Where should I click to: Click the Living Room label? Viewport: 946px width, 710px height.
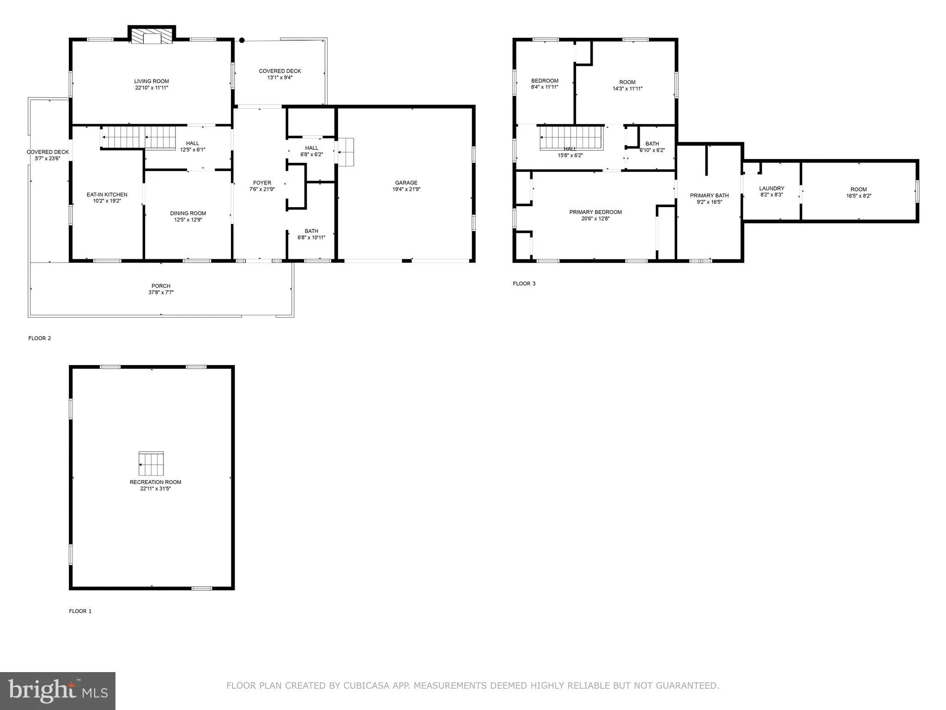[x=152, y=81]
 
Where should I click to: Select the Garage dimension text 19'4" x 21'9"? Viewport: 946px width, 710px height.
[x=406, y=189]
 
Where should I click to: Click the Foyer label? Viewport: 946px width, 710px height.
[x=262, y=183]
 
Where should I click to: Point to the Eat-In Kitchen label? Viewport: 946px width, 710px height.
[x=107, y=195]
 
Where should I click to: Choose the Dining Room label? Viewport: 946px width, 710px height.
[x=188, y=213]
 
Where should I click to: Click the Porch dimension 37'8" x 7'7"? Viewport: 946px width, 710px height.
[x=161, y=292]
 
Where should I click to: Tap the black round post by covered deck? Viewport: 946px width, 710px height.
[x=242, y=40]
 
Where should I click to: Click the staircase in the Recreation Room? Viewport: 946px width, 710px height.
[x=151, y=464]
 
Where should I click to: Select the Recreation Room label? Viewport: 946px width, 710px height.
[x=155, y=482]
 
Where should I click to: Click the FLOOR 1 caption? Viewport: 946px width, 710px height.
[x=80, y=611]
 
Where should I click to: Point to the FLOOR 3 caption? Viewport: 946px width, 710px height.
[x=524, y=283]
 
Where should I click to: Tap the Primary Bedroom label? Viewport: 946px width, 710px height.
[x=595, y=212]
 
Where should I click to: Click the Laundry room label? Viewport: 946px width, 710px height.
[x=771, y=188]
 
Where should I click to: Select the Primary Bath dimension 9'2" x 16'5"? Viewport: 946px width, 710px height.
[x=709, y=202]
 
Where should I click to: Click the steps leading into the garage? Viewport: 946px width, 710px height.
[x=346, y=152]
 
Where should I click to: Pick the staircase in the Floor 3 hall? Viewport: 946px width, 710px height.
[x=572, y=138]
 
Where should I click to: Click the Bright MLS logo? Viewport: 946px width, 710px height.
[x=58, y=691]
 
